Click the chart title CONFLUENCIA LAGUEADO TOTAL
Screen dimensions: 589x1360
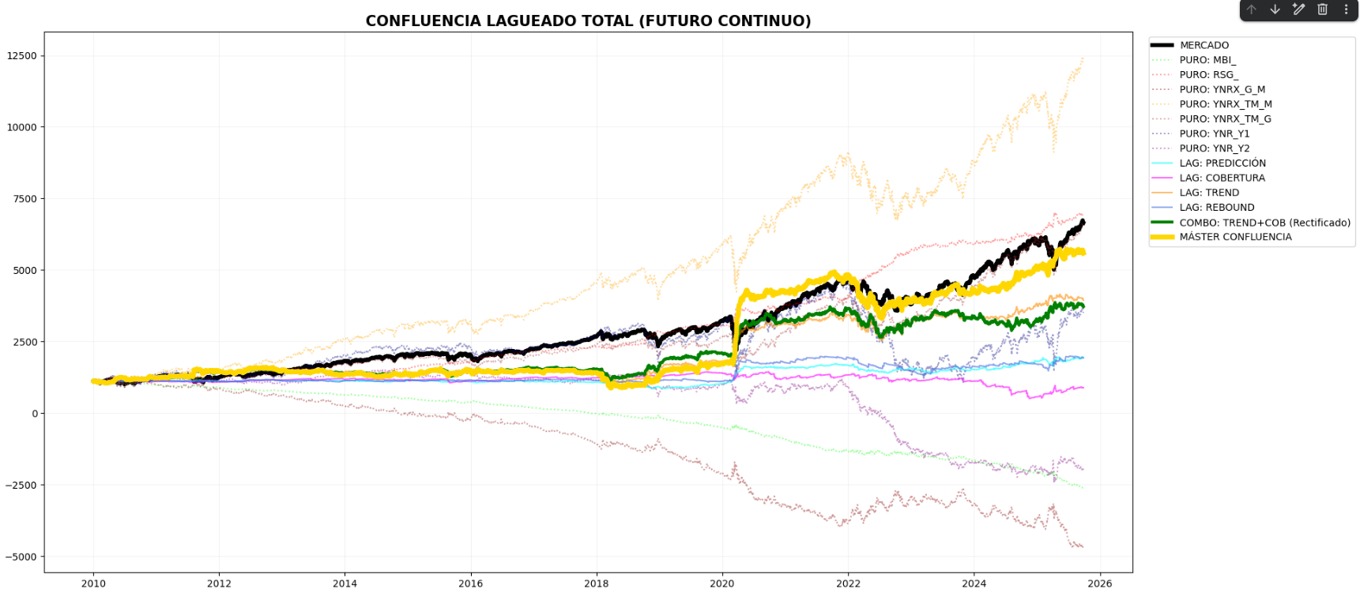click(588, 21)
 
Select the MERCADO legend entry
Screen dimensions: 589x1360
click(1204, 45)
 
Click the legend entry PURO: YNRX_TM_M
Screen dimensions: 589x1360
click(1225, 104)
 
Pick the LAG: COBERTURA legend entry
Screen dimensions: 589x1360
click(1222, 178)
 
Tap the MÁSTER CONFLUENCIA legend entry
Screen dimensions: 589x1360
click(1235, 237)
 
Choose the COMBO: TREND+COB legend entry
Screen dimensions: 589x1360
click(1264, 223)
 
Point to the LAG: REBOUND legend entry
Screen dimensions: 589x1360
click(1217, 208)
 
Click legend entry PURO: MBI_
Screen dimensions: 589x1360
click(1207, 60)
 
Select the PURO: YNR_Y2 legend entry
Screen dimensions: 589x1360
click(1215, 148)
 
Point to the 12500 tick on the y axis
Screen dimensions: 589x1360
click(22, 56)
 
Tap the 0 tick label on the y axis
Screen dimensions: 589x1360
click(34, 414)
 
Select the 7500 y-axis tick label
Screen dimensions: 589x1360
click(24, 199)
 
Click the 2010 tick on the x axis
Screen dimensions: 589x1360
click(93, 583)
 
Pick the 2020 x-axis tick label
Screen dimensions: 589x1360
click(722, 583)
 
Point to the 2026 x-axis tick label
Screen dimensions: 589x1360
click(1099, 583)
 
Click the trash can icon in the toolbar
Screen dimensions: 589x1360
click(1322, 9)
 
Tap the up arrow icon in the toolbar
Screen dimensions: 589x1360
click(1252, 9)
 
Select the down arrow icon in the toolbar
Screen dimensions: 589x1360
click(1275, 9)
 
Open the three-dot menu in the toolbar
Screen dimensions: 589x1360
click(1346, 9)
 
